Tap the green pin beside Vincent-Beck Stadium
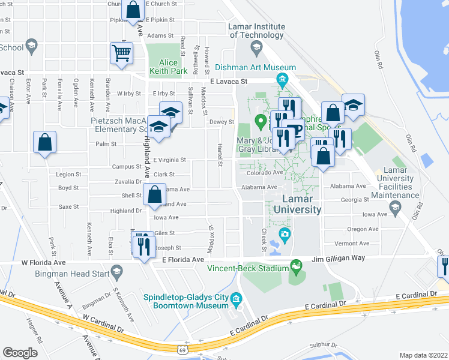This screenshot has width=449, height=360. click(x=295, y=265)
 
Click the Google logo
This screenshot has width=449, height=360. click(x=20, y=353)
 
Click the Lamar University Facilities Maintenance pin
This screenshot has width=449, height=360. click(x=395, y=208)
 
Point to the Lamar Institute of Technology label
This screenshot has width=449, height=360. click(x=256, y=31)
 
